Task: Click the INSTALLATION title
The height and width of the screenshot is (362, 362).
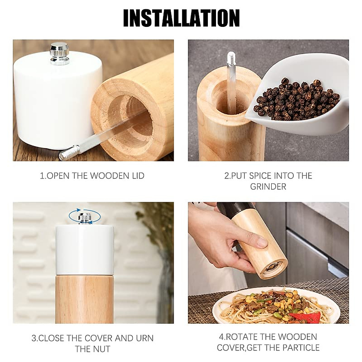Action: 181,18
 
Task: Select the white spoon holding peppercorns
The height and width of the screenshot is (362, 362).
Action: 302,115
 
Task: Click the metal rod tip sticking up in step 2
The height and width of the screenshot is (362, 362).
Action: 230,57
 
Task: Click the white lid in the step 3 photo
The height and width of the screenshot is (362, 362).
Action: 84,250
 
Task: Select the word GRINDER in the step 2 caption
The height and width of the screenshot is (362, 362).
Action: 268,187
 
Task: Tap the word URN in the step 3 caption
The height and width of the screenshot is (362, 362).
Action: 145,338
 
